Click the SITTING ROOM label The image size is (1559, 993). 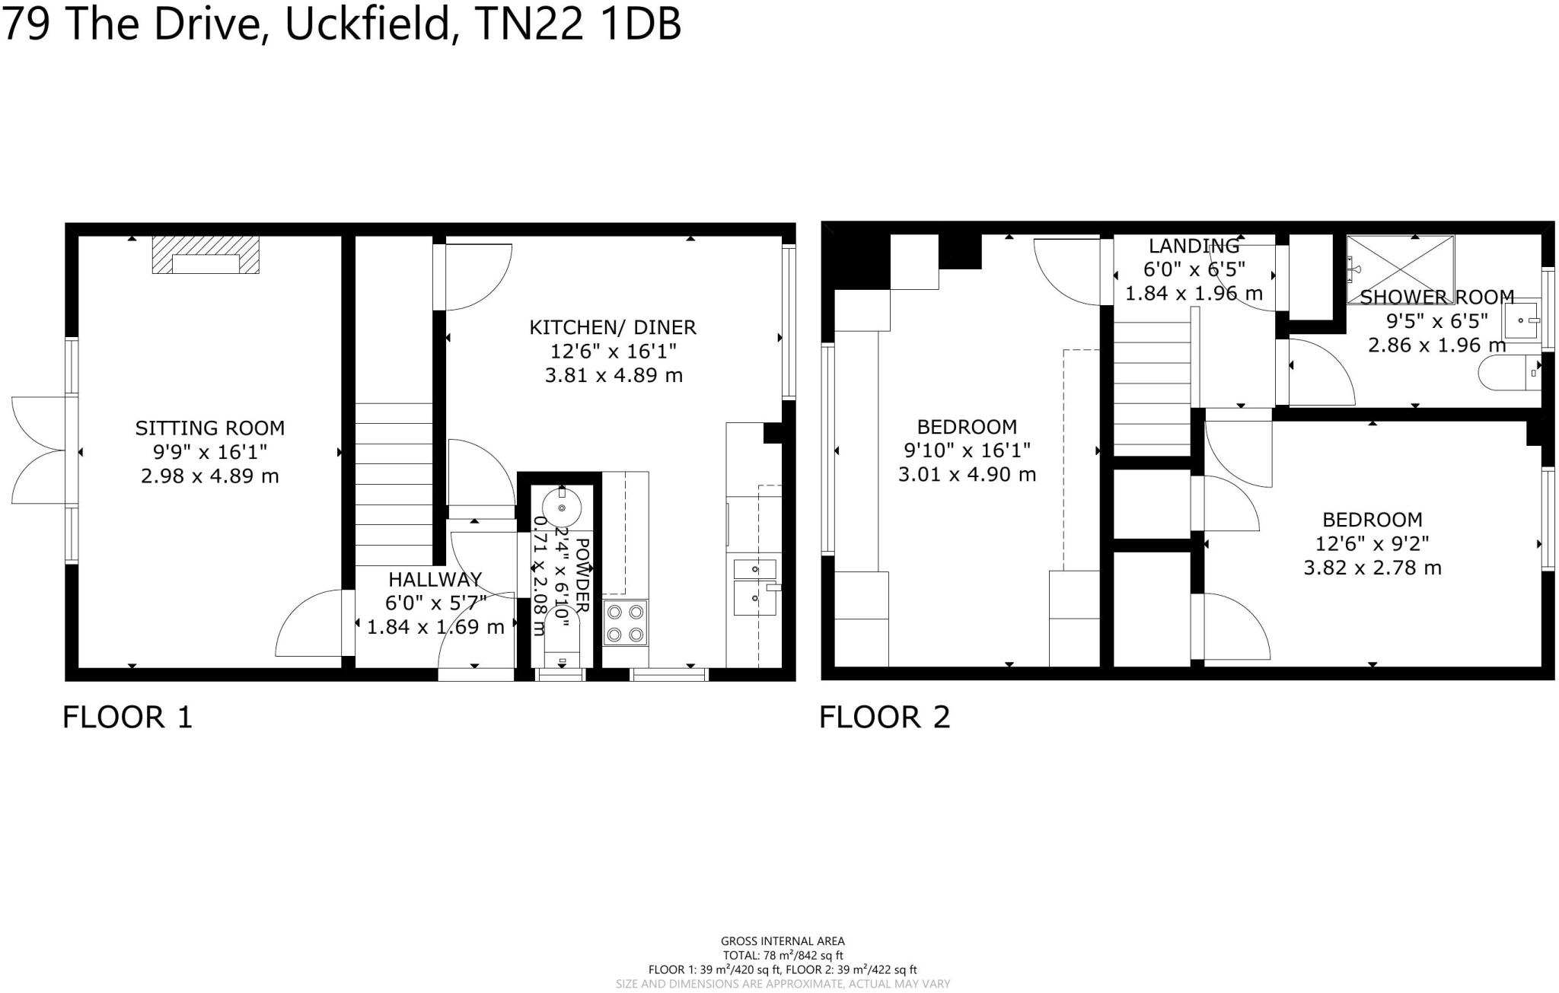[x=209, y=428]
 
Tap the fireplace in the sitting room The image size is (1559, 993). [x=206, y=255]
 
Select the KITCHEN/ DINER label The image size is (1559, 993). [x=613, y=327]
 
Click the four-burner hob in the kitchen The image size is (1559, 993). [x=626, y=622]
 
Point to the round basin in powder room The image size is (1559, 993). [x=562, y=506]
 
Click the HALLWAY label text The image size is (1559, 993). [x=435, y=579]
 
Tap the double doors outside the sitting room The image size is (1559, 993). [x=38, y=450]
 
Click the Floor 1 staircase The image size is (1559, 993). [x=394, y=484]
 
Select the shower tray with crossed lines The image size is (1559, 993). [x=1399, y=259]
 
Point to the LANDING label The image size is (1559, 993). [x=1194, y=246]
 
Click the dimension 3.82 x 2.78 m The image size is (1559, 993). [x=1372, y=568]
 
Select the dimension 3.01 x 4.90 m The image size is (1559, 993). [x=967, y=475]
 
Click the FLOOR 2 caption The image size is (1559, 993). [x=885, y=717]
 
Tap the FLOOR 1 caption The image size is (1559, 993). [x=127, y=717]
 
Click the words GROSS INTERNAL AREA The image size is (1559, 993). [x=782, y=941]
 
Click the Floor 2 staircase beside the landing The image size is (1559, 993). [x=1152, y=388]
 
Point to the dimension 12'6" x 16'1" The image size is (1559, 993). [x=613, y=352]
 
